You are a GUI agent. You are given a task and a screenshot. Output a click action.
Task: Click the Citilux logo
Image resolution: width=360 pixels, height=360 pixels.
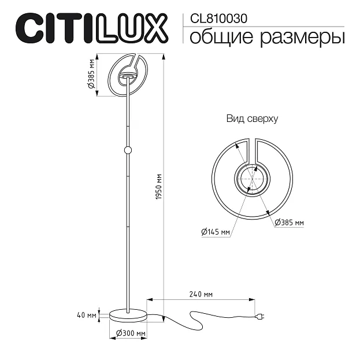(x=90, y=28)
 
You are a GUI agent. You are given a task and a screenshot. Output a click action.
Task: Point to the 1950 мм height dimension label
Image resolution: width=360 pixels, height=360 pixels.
(x=159, y=188)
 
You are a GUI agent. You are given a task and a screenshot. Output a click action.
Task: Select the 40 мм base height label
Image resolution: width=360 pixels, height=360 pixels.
(x=86, y=315)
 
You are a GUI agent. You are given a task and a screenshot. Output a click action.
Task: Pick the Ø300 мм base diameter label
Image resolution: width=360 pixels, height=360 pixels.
(x=130, y=334)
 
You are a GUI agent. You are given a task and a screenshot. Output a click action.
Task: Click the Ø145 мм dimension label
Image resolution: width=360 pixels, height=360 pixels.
(x=216, y=232)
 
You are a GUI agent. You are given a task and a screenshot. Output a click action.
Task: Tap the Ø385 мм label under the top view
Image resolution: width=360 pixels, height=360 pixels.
(x=289, y=222)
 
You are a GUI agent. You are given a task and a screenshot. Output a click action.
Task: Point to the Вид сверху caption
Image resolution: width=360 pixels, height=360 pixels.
(x=252, y=119)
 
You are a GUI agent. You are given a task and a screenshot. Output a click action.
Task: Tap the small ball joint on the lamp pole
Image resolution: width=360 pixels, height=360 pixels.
(x=128, y=150)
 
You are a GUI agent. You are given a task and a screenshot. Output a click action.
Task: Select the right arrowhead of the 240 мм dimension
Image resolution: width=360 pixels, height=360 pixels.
(x=253, y=299)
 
